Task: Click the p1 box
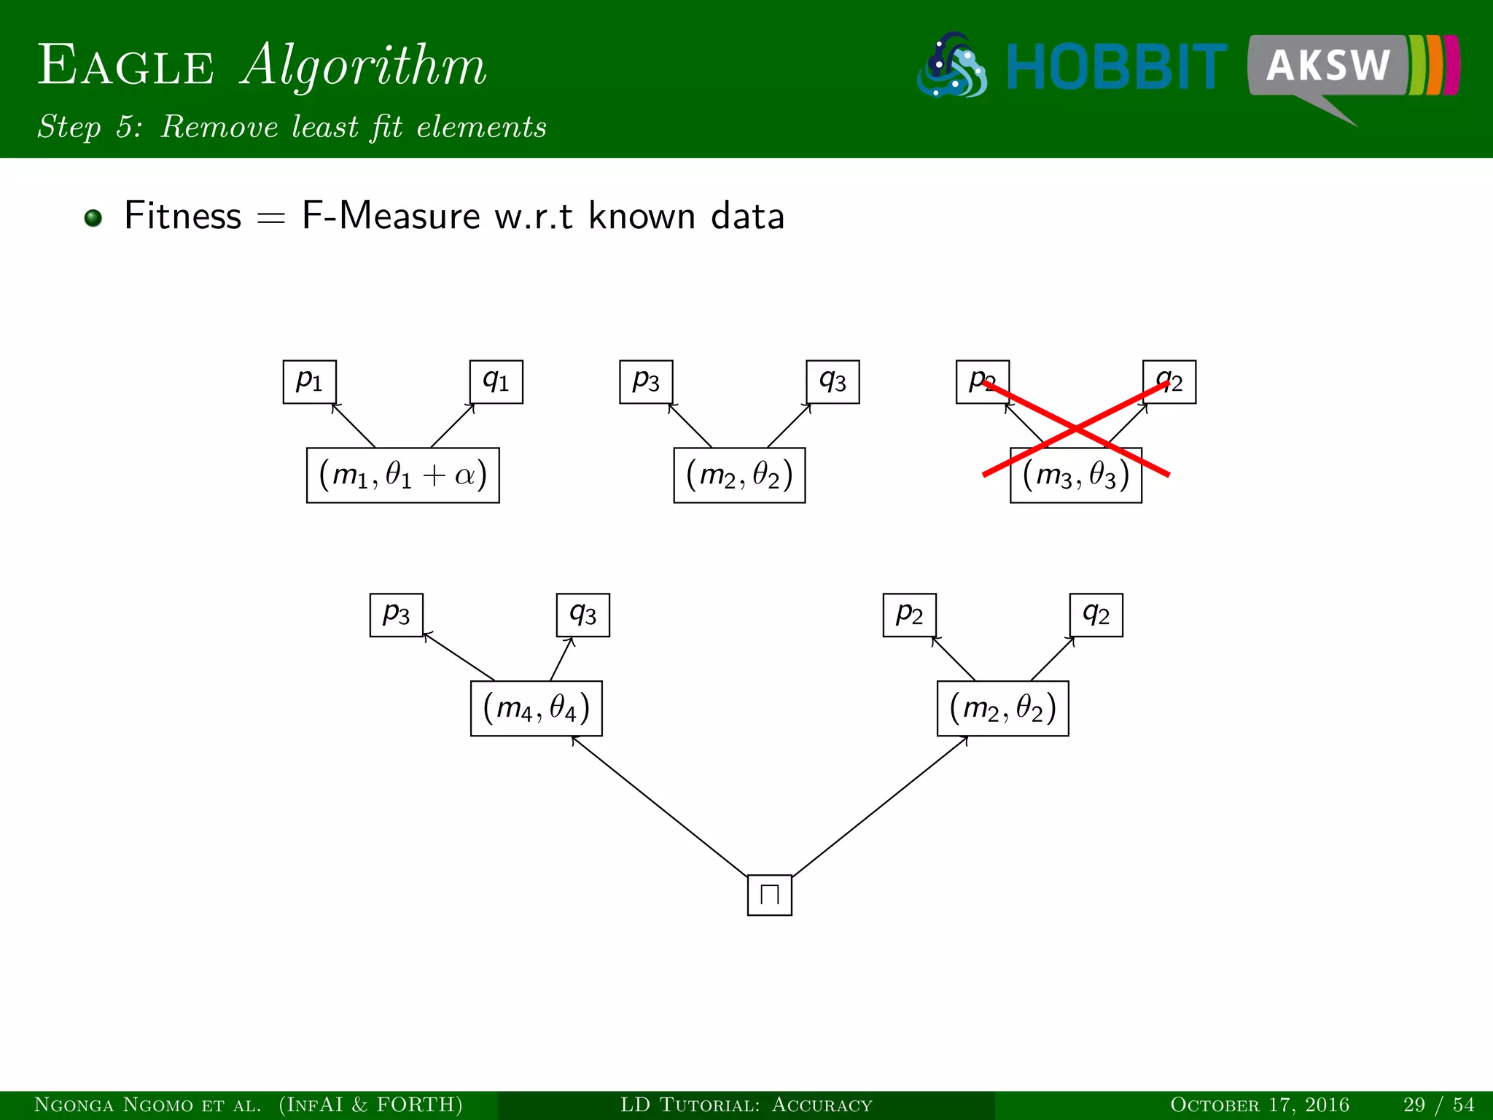click(309, 381)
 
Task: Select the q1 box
click(496, 381)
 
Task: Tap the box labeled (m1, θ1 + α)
click(402, 475)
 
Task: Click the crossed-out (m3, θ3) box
click(1075, 475)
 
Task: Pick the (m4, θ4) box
click(536, 708)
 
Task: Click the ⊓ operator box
click(769, 895)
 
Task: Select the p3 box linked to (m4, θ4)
click(396, 615)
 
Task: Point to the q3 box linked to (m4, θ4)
click(582, 615)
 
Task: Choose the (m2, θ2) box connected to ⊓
click(1002, 708)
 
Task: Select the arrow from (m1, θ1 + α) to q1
click(453, 426)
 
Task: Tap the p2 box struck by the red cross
click(982, 381)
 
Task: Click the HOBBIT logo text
click(1115, 67)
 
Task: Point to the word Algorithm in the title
click(363, 66)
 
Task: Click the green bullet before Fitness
click(93, 217)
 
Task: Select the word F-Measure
click(391, 217)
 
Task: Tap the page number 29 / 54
click(1438, 1105)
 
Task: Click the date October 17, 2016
click(1259, 1105)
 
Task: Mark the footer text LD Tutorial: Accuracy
click(746, 1105)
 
